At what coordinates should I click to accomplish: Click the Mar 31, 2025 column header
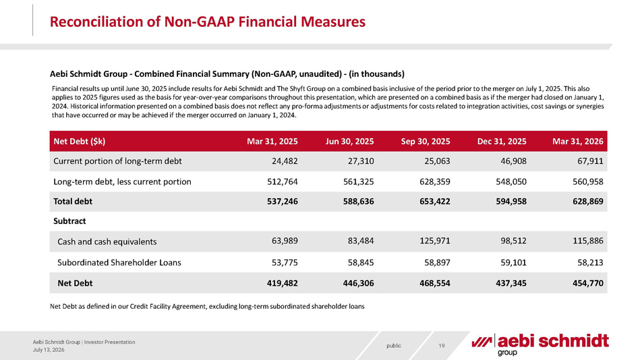tap(272, 141)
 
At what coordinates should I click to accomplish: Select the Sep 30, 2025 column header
tap(426, 141)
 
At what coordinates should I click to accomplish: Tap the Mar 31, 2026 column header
tap(577, 141)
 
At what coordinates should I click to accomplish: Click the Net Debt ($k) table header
tap(79, 141)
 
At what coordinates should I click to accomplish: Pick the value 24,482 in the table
tap(285, 161)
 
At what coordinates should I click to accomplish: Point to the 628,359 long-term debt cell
tap(435, 181)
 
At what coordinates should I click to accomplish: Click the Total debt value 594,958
tap(511, 201)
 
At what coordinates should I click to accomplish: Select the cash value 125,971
tap(435, 241)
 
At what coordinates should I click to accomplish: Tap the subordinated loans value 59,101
tap(513, 262)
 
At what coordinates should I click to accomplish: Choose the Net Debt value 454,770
tap(588, 283)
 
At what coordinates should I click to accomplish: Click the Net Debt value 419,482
tap(283, 283)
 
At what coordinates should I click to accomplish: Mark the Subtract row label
tap(69, 221)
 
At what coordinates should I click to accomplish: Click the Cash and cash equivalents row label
tap(107, 241)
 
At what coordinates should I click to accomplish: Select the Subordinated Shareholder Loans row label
tap(119, 262)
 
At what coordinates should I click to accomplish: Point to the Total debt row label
tap(73, 201)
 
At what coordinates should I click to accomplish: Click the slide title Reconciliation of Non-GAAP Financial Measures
tap(207, 22)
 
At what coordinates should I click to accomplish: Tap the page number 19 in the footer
tap(442, 346)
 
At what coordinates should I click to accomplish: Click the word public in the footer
tap(394, 346)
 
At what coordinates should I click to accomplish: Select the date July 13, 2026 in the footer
tap(49, 350)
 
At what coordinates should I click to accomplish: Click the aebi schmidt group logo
tap(540, 344)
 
